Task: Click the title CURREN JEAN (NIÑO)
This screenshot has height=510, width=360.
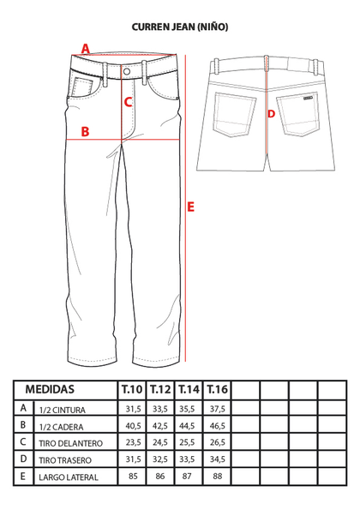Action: click(x=180, y=27)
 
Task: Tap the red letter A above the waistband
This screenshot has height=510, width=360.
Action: click(x=85, y=49)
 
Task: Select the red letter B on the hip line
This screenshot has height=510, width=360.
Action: click(x=85, y=132)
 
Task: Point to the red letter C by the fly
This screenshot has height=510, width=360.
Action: click(x=128, y=102)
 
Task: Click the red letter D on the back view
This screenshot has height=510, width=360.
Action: click(x=271, y=114)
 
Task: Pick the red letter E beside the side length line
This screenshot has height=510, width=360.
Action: click(x=190, y=207)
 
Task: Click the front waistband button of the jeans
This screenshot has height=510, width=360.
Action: click(x=127, y=71)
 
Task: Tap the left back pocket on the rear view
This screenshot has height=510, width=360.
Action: click(x=235, y=115)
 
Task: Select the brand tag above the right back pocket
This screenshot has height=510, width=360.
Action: click(x=308, y=97)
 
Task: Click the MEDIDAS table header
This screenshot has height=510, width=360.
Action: click(x=50, y=389)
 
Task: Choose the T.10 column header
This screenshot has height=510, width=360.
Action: click(x=132, y=389)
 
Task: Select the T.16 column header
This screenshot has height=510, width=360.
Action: click(x=217, y=389)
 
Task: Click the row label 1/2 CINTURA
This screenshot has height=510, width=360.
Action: click(x=62, y=410)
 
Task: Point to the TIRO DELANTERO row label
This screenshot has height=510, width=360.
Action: click(x=70, y=443)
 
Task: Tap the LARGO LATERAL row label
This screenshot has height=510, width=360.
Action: click(x=69, y=477)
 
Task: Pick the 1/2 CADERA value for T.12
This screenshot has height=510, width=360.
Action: click(x=160, y=426)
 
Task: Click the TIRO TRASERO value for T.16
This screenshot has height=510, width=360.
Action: click(x=218, y=459)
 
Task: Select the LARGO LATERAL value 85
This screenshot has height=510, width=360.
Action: click(x=133, y=477)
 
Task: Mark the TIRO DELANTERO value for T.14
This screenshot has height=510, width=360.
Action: click(x=187, y=442)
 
